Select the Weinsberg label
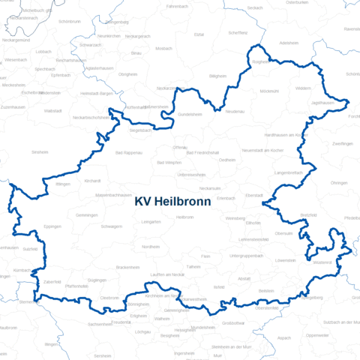pos(235,218)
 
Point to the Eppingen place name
pos(52,226)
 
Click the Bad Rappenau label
pos(129,152)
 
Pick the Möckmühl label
pos(269,91)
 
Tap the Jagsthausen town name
pos(322,102)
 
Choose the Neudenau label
pos(235,111)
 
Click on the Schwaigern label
pos(111,226)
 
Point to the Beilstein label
pos(266,290)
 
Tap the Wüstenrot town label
pos(322,262)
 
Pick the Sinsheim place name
pos(39,151)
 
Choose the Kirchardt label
pos(93,181)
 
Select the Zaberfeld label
pos(52,281)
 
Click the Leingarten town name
pos(151,221)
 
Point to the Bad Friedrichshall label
pos(202,152)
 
